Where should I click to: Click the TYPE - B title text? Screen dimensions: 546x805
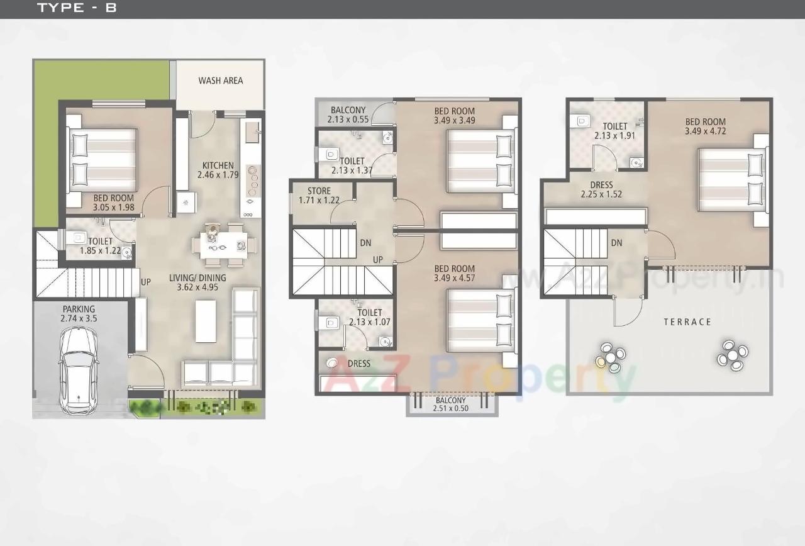(x=77, y=8)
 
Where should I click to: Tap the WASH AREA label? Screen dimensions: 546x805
(x=220, y=81)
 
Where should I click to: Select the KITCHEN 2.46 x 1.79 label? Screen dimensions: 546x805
(x=218, y=170)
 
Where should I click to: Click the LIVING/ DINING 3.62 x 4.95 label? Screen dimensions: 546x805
(x=197, y=282)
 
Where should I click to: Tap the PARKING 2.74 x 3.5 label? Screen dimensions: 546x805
(x=79, y=314)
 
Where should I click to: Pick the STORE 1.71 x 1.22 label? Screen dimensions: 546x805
(x=319, y=196)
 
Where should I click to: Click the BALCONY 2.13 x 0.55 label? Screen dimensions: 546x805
(x=348, y=114)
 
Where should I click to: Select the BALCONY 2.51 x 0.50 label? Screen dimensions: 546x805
(x=451, y=404)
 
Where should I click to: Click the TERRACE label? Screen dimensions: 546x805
(x=687, y=322)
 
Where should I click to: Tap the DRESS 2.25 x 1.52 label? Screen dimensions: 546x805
(x=601, y=190)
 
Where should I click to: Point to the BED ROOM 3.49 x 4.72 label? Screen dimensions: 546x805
(x=705, y=126)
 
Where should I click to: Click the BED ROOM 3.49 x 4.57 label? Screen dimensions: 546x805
(x=454, y=273)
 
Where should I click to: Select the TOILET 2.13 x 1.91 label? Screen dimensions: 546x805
(x=614, y=131)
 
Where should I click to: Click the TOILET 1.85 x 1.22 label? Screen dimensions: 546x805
(x=100, y=246)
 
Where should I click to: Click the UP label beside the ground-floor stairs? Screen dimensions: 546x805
(x=145, y=282)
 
